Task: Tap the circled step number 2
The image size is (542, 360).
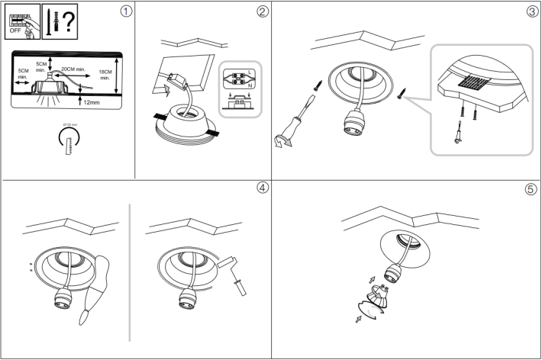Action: pos(262,11)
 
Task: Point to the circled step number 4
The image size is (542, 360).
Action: pos(262,188)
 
